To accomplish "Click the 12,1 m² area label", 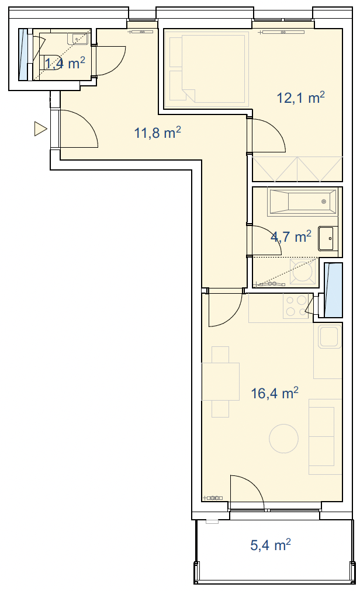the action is coord(301,98).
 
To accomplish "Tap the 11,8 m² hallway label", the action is coord(158,133).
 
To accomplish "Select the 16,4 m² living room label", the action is coord(275,393).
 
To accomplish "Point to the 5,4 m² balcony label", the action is coord(271,545).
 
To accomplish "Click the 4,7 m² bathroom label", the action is coord(291,237).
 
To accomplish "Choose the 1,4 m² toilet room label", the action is coord(64,63).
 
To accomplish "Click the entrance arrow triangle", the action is coord(40,128).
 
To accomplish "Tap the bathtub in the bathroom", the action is coord(302,202).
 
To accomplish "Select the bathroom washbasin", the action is coord(328,238).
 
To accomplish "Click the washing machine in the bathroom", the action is coord(303,272).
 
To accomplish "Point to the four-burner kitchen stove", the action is coord(296,305).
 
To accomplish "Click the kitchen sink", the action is coord(330,336).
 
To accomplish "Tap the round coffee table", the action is coord(284,439).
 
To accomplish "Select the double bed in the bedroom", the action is coord(213,68).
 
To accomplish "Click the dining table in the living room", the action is coord(221,381).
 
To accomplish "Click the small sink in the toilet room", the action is coord(77,39).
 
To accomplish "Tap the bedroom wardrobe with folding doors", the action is coord(297,169).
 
